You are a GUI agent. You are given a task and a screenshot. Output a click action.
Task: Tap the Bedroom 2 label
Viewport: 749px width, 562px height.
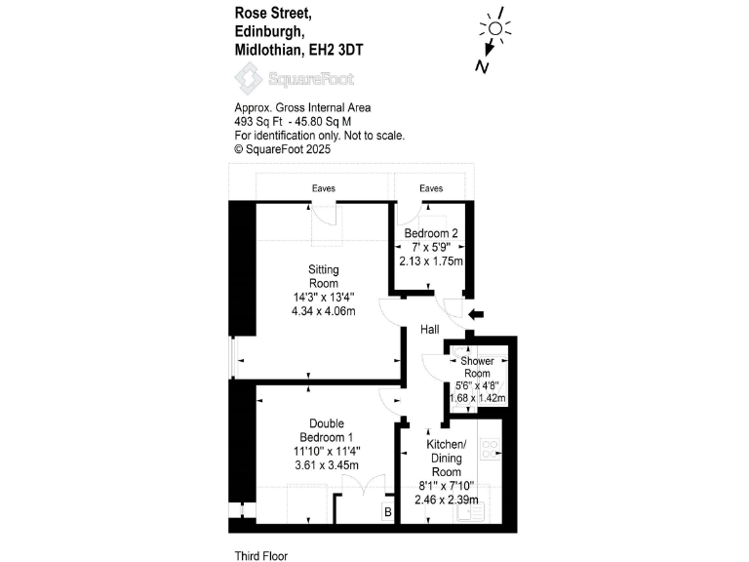(430, 234)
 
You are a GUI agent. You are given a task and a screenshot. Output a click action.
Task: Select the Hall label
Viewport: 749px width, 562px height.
(429, 331)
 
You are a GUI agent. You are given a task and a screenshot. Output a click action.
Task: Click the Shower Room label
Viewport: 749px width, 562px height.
(477, 368)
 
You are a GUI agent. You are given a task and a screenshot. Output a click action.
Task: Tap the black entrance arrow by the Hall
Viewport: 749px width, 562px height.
(476, 314)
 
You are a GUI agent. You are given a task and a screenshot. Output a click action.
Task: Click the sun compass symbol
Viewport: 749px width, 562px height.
(494, 29)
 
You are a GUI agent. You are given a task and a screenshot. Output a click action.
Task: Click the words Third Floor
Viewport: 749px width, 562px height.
(261, 555)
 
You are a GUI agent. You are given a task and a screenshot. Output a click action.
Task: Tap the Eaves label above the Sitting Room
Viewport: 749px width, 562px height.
(324, 188)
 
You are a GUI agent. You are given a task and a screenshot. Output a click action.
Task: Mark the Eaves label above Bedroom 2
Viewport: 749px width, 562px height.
(430, 188)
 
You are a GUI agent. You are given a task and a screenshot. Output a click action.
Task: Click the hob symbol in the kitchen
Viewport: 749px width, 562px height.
(491, 450)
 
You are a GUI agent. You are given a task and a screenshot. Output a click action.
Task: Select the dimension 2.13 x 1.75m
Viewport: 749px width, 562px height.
(430, 261)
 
